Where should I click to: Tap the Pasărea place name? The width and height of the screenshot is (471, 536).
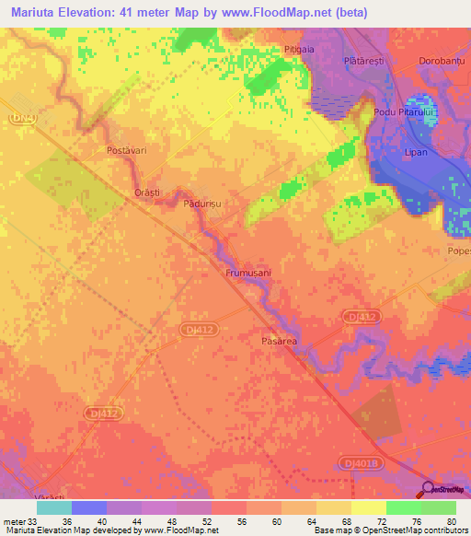[274, 341]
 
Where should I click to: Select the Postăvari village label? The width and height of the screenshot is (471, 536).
[128, 148]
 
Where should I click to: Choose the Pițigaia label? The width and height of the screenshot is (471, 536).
[300, 49]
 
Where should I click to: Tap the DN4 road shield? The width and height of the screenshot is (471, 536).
[19, 118]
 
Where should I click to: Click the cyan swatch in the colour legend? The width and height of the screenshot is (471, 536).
[53, 507]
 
